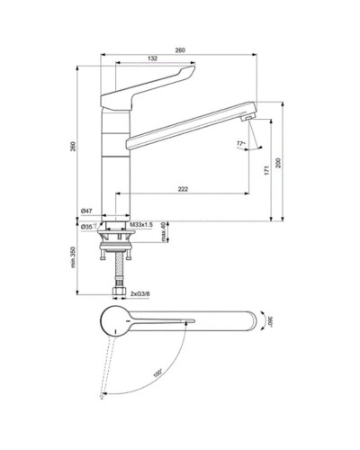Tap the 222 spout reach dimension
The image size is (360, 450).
pos(184,190)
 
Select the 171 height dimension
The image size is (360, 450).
pos(266,170)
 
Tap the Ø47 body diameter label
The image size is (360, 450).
pos(87,211)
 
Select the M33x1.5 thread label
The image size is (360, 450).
pos(142,224)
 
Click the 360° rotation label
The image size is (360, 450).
pos(267,321)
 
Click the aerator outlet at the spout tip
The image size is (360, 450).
pos(247,116)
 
